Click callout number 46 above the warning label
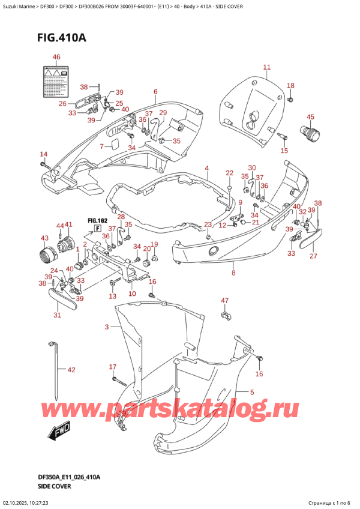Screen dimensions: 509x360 click(56, 57)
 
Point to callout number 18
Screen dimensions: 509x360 click(290, 85)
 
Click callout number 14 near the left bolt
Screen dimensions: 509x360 click(43, 154)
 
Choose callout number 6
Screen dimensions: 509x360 click(155, 92)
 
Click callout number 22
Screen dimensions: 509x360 click(229, 173)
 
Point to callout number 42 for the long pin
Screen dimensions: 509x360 click(71, 370)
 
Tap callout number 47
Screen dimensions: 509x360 click(224, 300)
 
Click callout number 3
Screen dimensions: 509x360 click(107, 327)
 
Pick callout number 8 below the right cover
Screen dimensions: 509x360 click(233, 273)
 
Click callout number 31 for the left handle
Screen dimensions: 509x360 click(57, 315)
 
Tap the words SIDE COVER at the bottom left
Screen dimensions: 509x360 click(55, 486)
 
